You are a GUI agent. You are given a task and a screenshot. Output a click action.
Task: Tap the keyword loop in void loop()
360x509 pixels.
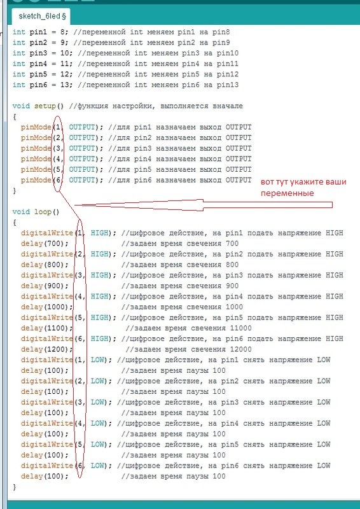(43, 213)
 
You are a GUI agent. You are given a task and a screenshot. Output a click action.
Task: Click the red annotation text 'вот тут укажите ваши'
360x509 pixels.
(303, 182)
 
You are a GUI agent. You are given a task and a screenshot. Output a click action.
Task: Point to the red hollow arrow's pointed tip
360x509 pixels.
(75, 205)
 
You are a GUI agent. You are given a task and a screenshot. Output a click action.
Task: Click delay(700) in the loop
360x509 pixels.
(45, 244)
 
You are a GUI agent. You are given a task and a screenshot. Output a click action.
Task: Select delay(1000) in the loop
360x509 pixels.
(46, 307)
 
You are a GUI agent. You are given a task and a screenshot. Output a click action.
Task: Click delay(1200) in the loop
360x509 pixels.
(46, 349)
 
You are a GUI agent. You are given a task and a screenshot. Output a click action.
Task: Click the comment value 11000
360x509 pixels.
(240, 328)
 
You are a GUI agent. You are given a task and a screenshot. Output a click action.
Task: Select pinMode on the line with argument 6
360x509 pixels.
(36, 180)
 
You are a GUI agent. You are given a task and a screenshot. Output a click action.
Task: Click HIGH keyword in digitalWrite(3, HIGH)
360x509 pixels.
(99, 275)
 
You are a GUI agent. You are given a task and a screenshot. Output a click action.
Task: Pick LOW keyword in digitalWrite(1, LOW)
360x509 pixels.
(97, 360)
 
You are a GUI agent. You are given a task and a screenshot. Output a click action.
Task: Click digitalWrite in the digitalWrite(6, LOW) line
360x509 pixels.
(47, 466)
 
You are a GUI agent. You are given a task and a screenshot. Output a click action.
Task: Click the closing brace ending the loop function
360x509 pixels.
(14, 487)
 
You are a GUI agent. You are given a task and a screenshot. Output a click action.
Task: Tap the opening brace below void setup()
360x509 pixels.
(14, 117)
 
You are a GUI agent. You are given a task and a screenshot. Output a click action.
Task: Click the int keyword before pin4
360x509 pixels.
(19, 64)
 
